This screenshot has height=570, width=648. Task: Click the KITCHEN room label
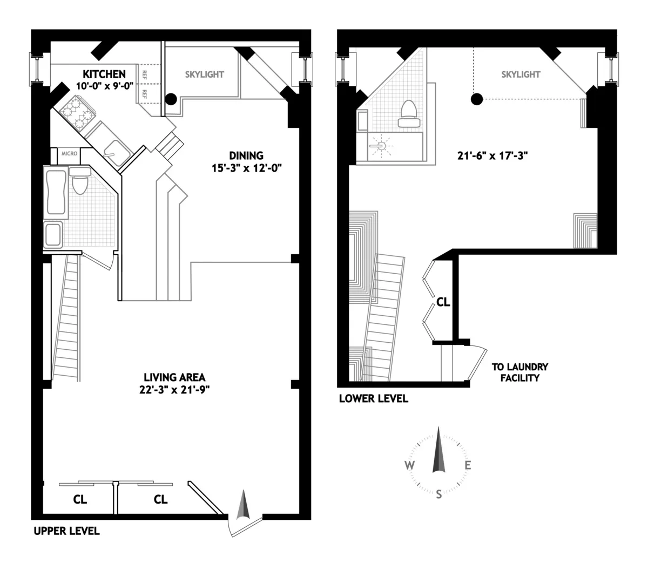(104, 74)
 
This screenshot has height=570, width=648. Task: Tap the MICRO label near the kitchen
(69, 154)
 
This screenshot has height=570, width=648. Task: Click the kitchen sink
(114, 151)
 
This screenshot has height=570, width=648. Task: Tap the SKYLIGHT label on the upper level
(204, 74)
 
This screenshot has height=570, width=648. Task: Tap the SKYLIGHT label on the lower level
(521, 74)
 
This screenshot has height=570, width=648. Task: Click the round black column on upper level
(171, 99)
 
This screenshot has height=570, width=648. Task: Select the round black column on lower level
(476, 99)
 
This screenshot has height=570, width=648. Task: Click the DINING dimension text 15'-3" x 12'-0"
(247, 168)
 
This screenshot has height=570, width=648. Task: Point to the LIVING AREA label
(174, 377)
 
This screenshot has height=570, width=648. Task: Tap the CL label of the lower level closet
(443, 302)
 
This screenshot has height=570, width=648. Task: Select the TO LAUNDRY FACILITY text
(519, 372)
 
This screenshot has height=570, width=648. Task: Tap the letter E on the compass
(468, 466)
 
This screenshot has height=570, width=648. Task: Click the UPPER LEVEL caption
(66, 531)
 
